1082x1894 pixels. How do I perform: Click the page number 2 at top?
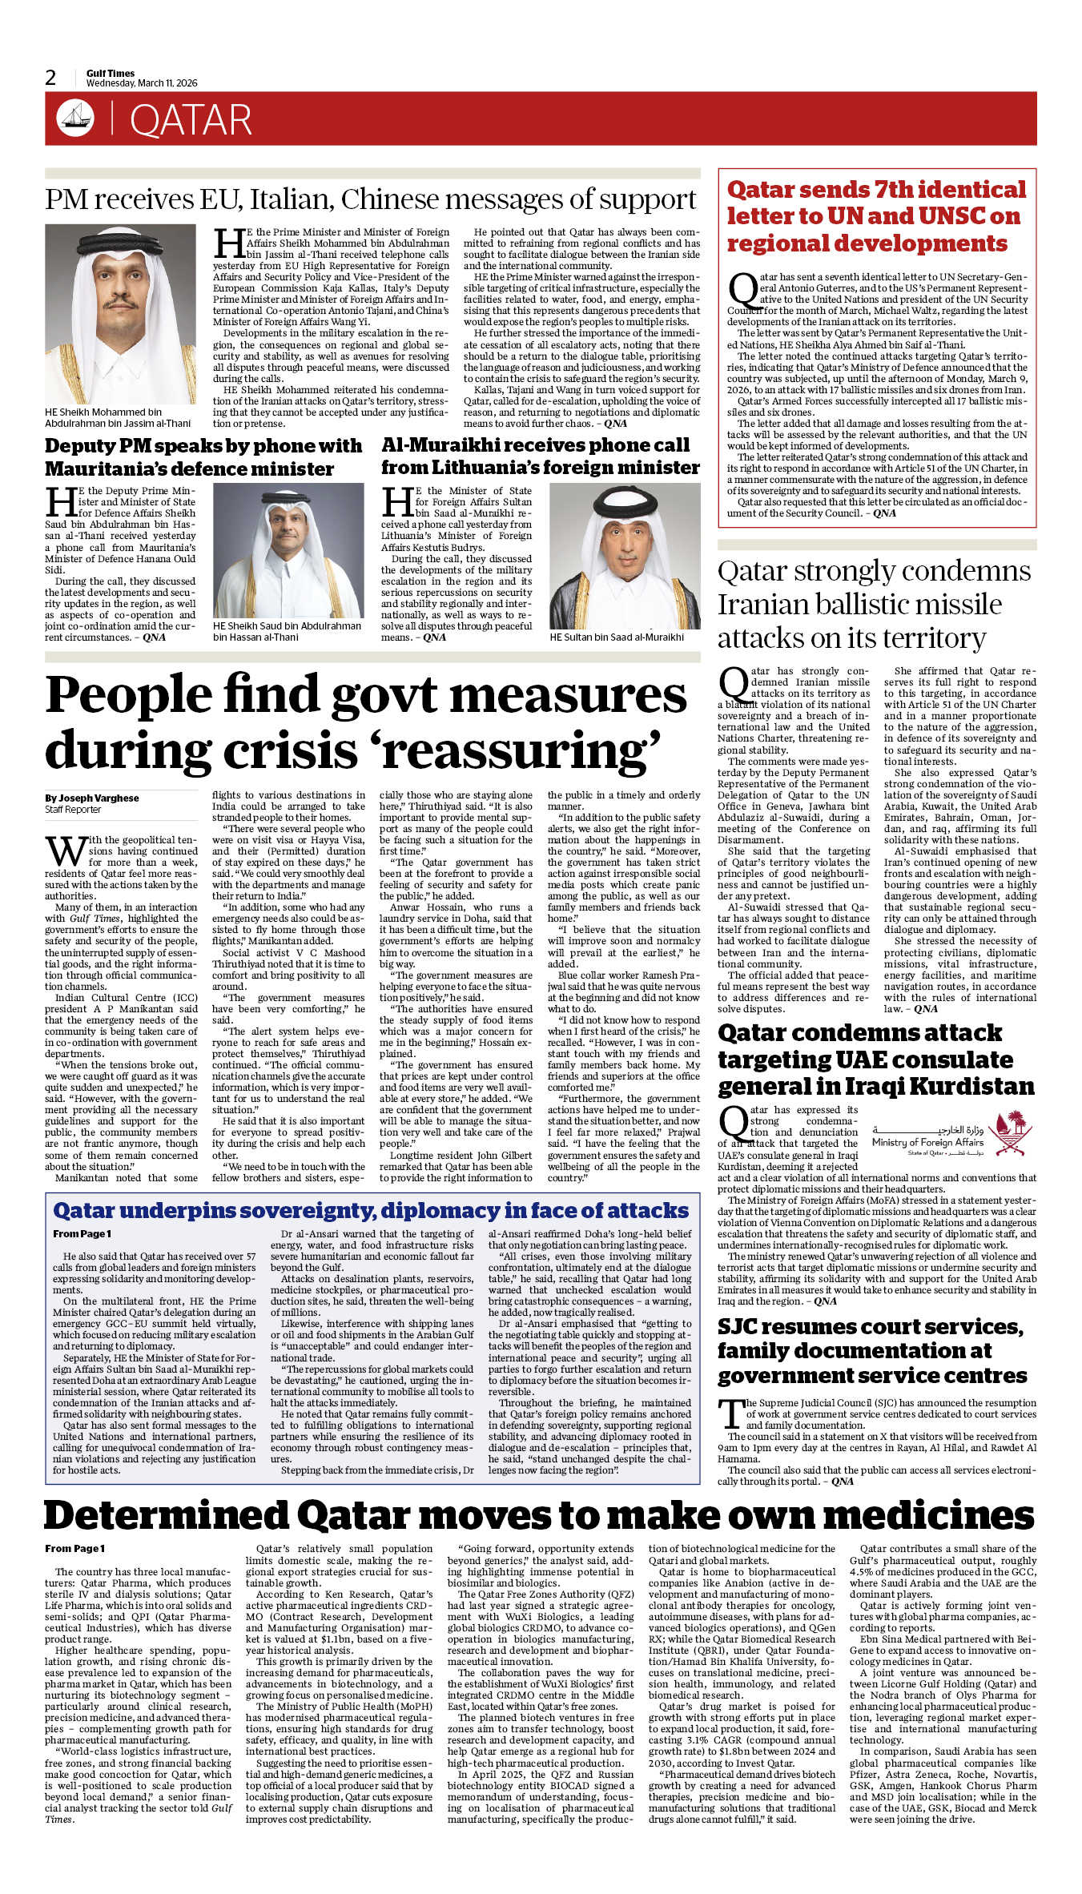[x=51, y=78]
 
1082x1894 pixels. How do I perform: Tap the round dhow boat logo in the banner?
[x=75, y=118]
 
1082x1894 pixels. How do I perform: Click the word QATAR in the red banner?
[x=191, y=121]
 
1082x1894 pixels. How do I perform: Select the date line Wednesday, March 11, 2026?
[x=142, y=83]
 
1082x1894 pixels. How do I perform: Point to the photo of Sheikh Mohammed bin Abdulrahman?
[x=120, y=314]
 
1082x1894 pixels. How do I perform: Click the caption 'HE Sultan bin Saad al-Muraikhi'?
[x=617, y=637]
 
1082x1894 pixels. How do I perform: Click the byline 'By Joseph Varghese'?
[x=92, y=798]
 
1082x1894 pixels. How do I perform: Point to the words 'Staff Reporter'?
[x=73, y=810]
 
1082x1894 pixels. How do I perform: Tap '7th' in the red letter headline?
[x=896, y=190]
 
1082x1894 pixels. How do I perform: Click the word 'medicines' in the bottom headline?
[x=928, y=1516]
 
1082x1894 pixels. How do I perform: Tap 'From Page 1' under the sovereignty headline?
[x=82, y=1234]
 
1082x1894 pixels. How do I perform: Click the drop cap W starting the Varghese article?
[x=66, y=851]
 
